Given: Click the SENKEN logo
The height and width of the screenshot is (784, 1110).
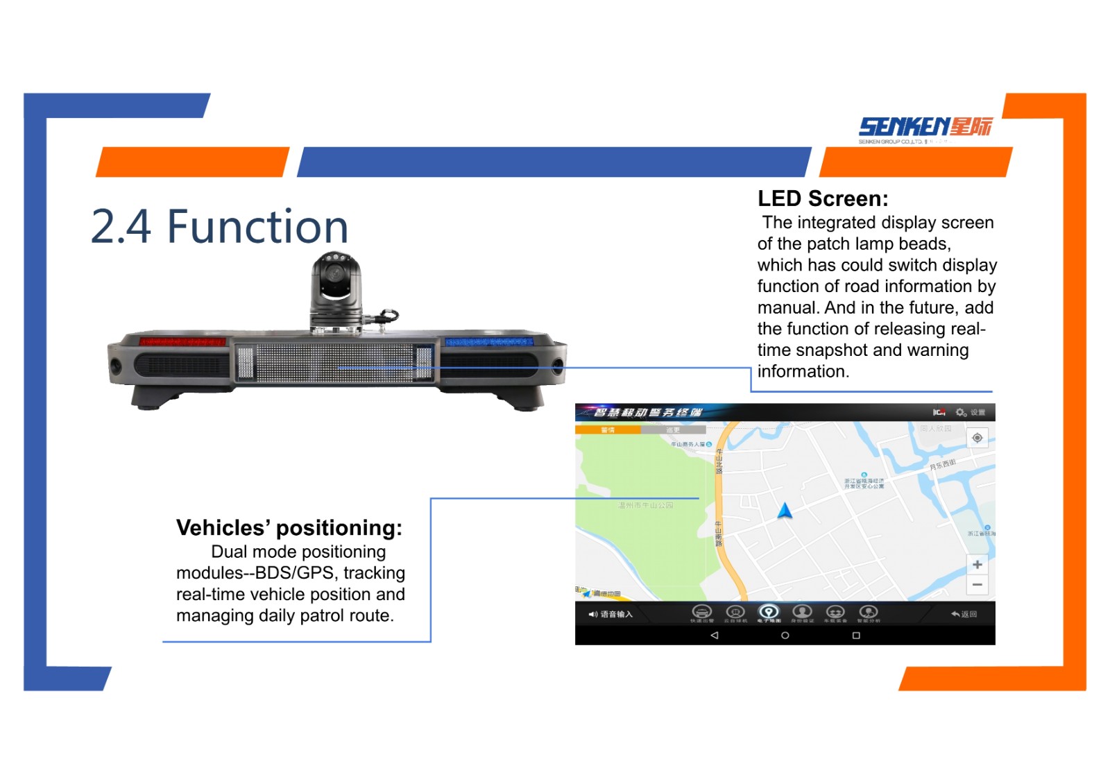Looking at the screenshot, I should [x=925, y=128].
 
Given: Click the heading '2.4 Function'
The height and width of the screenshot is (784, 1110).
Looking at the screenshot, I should [x=219, y=227].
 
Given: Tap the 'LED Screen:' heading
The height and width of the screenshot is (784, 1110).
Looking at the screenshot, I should [x=823, y=199].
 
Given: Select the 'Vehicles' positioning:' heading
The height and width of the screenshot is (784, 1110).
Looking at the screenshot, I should [x=289, y=528].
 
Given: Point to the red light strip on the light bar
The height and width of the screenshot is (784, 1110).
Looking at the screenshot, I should [x=182, y=341].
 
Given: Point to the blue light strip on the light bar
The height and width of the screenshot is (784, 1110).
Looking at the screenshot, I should [x=488, y=342].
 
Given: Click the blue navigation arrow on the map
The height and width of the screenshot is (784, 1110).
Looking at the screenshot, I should [x=785, y=511].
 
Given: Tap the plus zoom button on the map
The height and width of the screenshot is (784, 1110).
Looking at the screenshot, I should [x=977, y=565].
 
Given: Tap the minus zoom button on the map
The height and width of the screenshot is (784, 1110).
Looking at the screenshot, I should [x=977, y=585].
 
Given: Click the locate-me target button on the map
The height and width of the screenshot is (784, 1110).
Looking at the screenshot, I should [x=977, y=438].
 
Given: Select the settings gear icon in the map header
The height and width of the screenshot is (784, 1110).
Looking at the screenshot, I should [x=961, y=413].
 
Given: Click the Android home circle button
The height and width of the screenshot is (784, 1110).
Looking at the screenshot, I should [x=785, y=636].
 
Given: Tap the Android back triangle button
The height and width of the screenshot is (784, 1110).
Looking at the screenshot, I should [x=715, y=636].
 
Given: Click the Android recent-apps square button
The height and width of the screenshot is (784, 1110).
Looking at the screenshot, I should [x=856, y=636].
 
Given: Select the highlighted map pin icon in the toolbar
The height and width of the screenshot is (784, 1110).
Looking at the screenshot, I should [x=768, y=612].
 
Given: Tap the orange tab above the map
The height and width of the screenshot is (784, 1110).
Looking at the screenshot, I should [x=608, y=430].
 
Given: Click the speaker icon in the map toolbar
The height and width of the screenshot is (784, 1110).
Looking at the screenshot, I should [x=592, y=615].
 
